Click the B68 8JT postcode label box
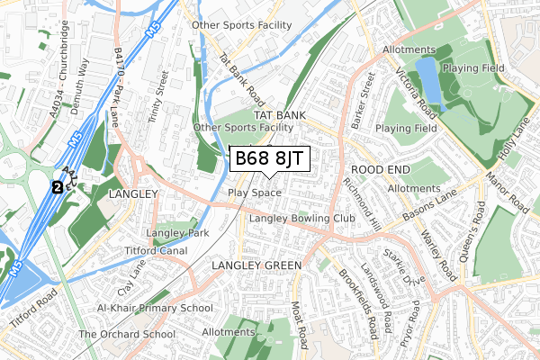(270, 160)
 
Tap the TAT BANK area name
(280, 116)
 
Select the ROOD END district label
(380, 169)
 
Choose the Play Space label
(255, 193)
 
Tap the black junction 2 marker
(57, 187)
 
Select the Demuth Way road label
(85, 76)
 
